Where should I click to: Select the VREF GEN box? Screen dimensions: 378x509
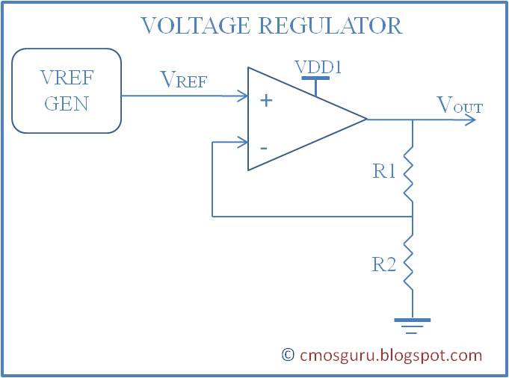pyautogui.click(x=67, y=91)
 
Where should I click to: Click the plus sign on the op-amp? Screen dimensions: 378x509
pyautogui.click(x=265, y=100)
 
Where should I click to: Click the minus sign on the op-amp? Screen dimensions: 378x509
pyautogui.click(x=264, y=146)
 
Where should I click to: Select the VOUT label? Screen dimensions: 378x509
pyautogui.click(x=459, y=106)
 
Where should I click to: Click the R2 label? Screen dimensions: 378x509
pyautogui.click(x=384, y=264)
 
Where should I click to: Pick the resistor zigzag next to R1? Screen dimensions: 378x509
pyautogui.click(x=411, y=174)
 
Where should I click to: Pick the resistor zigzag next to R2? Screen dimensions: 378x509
pyautogui.click(x=411, y=264)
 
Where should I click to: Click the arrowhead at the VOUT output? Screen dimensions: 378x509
pyautogui.click(x=471, y=120)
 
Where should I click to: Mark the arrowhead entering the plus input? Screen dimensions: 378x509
pyautogui.click(x=243, y=96)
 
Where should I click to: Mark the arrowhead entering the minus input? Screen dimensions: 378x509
pyautogui.click(x=243, y=142)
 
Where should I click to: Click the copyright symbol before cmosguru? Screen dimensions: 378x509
pyautogui.click(x=288, y=356)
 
